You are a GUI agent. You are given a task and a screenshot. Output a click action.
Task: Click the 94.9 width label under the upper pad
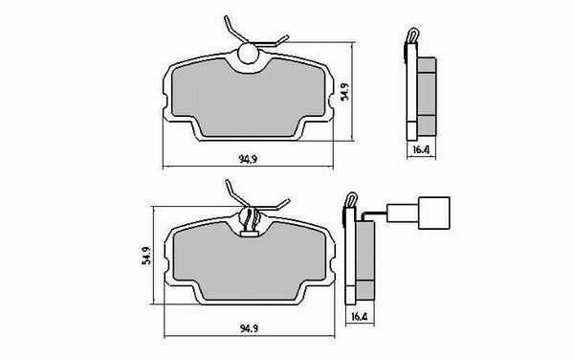pos(248,159)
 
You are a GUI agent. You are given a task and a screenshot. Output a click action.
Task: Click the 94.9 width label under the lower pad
pos(250,328)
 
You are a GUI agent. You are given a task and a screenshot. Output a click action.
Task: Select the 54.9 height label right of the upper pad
pos(344,92)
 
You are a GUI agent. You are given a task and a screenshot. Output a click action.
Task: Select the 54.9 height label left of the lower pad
pos(146,256)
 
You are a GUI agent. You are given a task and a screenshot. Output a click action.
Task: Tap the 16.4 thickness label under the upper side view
pos(421,149)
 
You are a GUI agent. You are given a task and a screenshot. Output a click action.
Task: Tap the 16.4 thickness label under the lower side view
pos(359,316)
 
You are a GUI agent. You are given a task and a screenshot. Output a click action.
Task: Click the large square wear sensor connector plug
pos(433,213)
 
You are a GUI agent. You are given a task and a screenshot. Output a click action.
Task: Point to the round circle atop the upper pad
pos(249,54)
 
